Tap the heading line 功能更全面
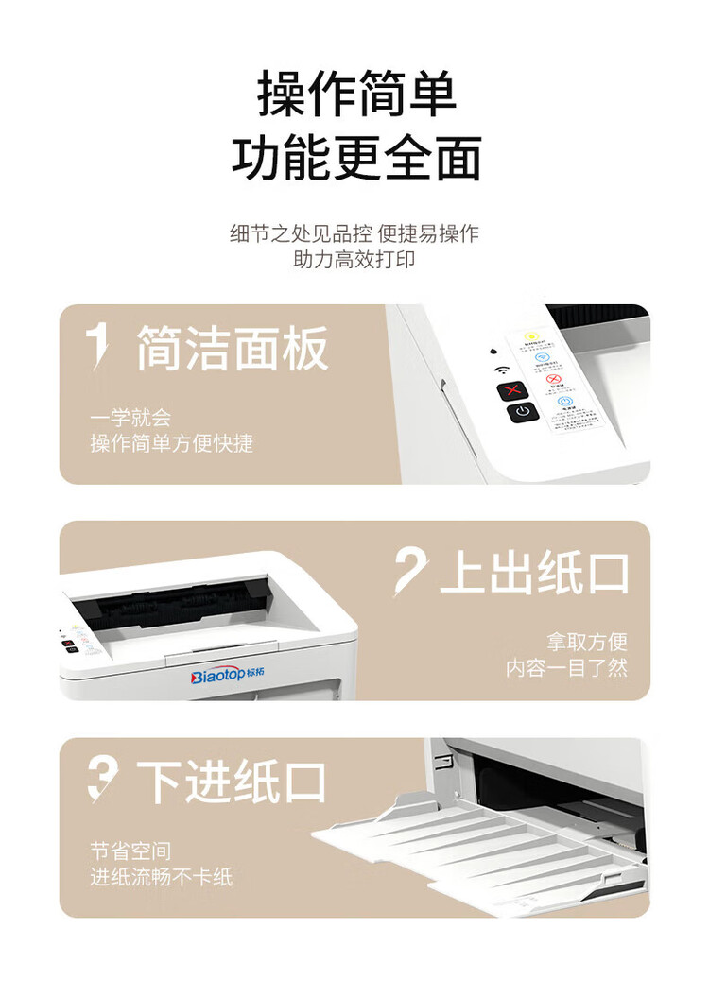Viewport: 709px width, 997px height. tap(356, 158)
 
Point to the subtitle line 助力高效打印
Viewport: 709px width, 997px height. tap(354, 259)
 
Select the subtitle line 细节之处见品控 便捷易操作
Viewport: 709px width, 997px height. tap(354, 233)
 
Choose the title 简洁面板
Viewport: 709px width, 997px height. tap(233, 348)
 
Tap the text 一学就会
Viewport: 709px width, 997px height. tap(130, 418)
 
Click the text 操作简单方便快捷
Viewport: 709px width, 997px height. tap(171, 443)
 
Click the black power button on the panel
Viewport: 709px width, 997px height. tap(522, 412)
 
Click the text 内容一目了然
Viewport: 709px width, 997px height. tap(566, 668)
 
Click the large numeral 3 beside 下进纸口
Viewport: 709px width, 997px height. tap(103, 781)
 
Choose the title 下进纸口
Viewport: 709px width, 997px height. tap(232, 782)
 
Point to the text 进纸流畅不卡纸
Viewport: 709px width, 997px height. tap(161, 877)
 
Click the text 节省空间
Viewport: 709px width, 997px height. tap(130, 851)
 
